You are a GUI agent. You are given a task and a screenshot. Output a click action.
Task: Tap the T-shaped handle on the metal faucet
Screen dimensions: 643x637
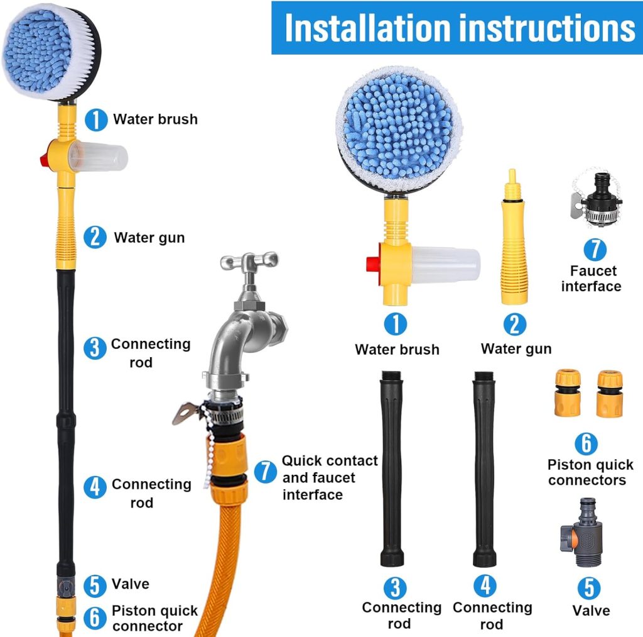pyautogui.click(x=249, y=262)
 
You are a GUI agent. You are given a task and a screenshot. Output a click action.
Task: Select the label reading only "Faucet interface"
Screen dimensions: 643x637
pyautogui.click(x=592, y=278)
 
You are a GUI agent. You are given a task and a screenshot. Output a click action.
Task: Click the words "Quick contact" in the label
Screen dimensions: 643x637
pyautogui.click(x=330, y=460)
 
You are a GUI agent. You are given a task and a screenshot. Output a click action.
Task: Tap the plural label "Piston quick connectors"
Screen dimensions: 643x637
pyautogui.click(x=590, y=472)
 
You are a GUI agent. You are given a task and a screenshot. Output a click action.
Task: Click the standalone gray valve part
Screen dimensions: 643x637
pyautogui.click(x=581, y=532)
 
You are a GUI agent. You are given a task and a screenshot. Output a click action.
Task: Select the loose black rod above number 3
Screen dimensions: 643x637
pyautogui.click(x=392, y=468)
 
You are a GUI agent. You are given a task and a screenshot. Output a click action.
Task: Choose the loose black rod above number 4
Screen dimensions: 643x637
pyautogui.click(x=484, y=468)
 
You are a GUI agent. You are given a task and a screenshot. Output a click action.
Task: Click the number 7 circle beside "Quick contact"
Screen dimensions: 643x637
pyautogui.click(x=266, y=472)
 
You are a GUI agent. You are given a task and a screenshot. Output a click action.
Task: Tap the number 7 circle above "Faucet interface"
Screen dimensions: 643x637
pyautogui.click(x=595, y=249)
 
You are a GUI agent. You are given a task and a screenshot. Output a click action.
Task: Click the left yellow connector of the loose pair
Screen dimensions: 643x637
pyautogui.click(x=568, y=392)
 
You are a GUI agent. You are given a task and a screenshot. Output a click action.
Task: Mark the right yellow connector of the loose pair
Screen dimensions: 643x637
pyautogui.click(x=610, y=394)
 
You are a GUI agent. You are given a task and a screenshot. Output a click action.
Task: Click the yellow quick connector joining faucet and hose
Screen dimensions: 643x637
pyautogui.click(x=227, y=465)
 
